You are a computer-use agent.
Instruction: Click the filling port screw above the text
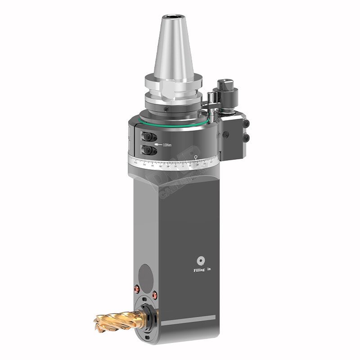pyautogui.click(x=201, y=261)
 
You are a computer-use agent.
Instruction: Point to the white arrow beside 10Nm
pyautogui.click(x=157, y=144)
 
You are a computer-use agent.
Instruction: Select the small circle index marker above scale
pyautogui.click(x=196, y=157)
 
